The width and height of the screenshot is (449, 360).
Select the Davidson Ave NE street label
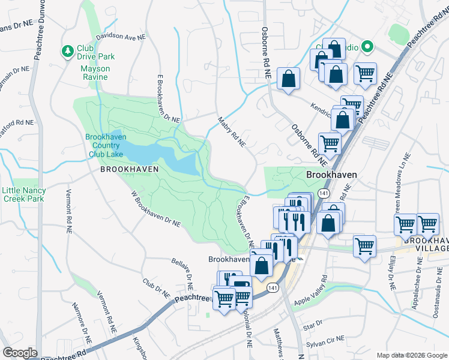121,36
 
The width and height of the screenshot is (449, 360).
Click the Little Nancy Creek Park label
24,194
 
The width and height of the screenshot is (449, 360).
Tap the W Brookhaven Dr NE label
155,210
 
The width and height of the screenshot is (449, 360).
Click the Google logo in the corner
20,353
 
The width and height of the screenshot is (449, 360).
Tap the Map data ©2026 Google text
411,355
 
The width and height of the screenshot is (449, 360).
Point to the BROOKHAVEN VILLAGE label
426,244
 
